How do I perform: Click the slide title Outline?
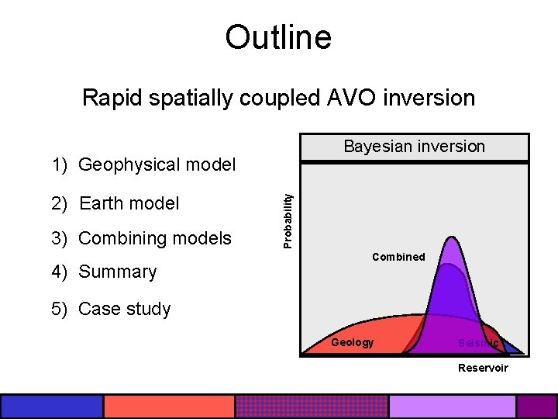pyautogui.click(x=278, y=37)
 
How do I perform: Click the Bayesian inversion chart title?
pyautogui.click(x=414, y=147)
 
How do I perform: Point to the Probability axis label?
pyautogui.click(x=288, y=220)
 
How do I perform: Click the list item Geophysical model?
pyautogui.click(x=157, y=164)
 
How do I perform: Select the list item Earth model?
pyautogui.click(x=129, y=203)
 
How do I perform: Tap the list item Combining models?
pyautogui.click(x=155, y=238)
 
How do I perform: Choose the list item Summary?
pyautogui.click(x=117, y=272)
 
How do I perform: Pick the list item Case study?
pyautogui.click(x=124, y=309)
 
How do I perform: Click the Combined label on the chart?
pyautogui.click(x=398, y=257)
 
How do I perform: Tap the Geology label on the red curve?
pyautogui.click(x=352, y=343)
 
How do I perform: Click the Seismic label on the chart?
pyautogui.click(x=477, y=343)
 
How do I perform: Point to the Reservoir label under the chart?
pyautogui.click(x=483, y=368)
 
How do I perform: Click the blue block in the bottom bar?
pyautogui.click(x=52, y=406)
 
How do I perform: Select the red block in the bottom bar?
pyautogui.click(x=169, y=406)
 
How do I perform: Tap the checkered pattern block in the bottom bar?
pyautogui.click(x=311, y=406)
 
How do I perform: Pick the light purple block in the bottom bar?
pyautogui.click(x=452, y=406)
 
